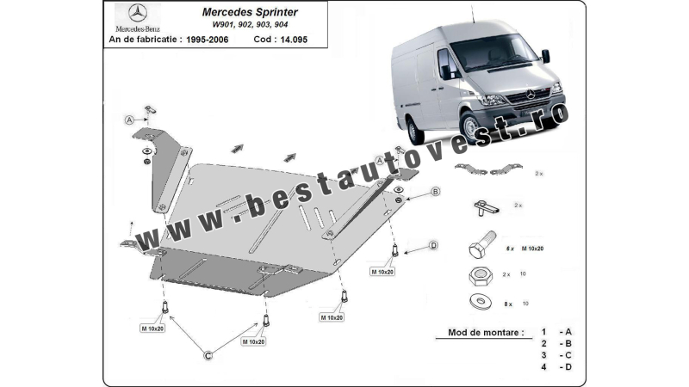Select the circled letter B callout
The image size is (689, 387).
coord(435,191)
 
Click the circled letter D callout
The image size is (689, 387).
coord(433,246)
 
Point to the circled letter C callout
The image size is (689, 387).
coord(207,353)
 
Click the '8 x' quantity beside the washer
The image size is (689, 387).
coord(510,304)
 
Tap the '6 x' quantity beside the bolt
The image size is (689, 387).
coord(510,249)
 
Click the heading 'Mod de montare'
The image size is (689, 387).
coord(485,332)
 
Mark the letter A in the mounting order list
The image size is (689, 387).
coord(568,332)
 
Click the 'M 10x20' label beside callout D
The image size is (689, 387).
coord(383,272)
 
